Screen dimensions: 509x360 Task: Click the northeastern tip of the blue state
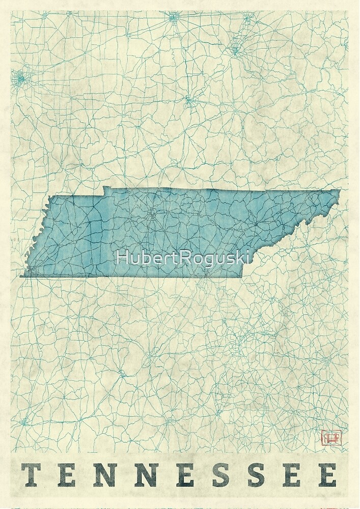pyautogui.click(x=340, y=190)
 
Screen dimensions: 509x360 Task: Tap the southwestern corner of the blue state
pyautogui.click(x=21, y=276)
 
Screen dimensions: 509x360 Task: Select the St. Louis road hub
pyautogui.click(x=21, y=78)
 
